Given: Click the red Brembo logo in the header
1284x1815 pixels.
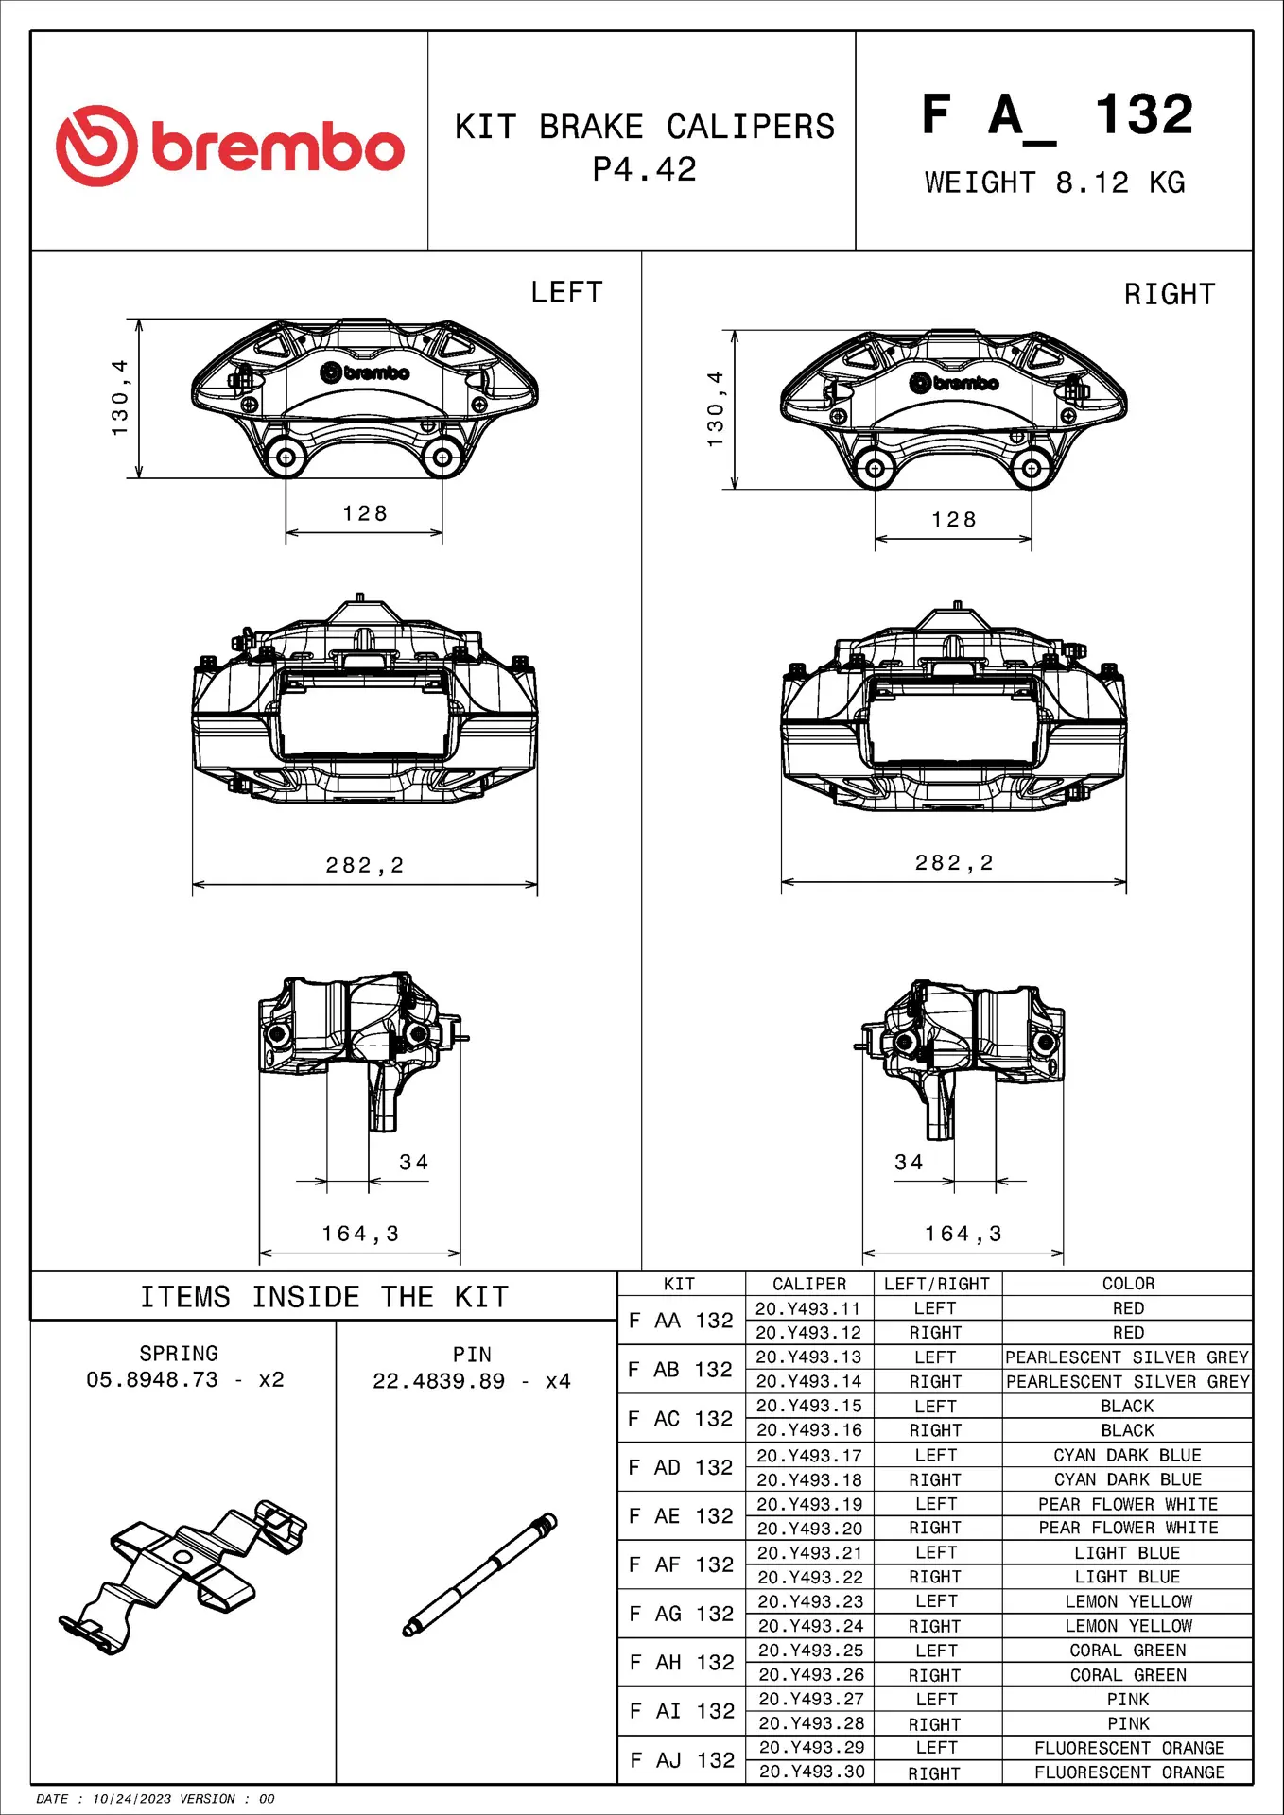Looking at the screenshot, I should coord(230,146).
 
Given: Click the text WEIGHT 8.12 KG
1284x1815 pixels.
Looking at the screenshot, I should coord(1054,182).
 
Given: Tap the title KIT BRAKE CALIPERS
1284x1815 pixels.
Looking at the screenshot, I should coord(645,127).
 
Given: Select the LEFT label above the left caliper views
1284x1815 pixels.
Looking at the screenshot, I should coord(566,293).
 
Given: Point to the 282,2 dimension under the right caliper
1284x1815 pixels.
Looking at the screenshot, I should coord(954,863).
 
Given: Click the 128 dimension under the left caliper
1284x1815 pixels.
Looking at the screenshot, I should coord(365,513).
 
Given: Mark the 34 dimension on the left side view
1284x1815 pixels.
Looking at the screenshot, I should coord(414,1162).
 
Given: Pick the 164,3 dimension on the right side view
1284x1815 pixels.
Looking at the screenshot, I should coord(963,1234).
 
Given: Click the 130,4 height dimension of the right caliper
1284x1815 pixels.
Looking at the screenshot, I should coord(715,408).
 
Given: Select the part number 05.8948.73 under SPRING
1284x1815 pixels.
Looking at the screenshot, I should coord(151,1379).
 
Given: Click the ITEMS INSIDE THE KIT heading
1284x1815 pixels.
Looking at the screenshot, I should coord(324,1297).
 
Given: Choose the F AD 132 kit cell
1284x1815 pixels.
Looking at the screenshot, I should coord(681,1467).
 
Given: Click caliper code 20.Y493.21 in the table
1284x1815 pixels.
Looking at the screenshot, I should coord(810,1553).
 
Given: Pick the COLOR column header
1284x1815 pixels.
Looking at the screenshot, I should coord(1128,1284).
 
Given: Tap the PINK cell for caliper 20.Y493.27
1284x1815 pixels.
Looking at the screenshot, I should coord(1128,1699).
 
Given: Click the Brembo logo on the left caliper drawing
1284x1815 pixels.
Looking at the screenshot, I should coord(365,372).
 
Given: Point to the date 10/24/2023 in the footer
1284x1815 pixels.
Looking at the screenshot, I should coord(131,1799).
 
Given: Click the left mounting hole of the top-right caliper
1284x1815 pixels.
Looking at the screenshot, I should coord(875,468).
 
